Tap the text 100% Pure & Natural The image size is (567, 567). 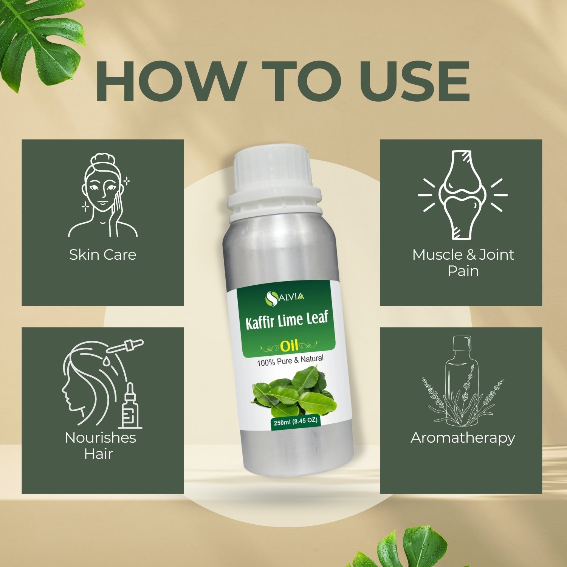tap(290, 360)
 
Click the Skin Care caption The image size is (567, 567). tap(102, 254)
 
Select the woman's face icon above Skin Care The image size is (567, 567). tap(103, 195)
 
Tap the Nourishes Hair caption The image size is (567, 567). tap(100, 445)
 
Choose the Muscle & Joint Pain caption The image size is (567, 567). tap(463, 262)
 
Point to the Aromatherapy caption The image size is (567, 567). tap(463, 437)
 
